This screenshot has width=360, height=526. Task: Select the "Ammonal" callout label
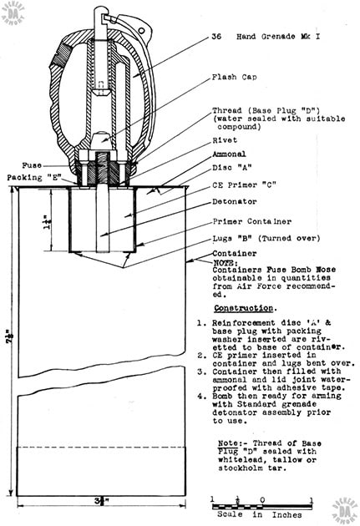[228, 155]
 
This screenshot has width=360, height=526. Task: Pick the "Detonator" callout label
[232, 201]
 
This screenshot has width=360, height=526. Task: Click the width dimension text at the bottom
[100, 502]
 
